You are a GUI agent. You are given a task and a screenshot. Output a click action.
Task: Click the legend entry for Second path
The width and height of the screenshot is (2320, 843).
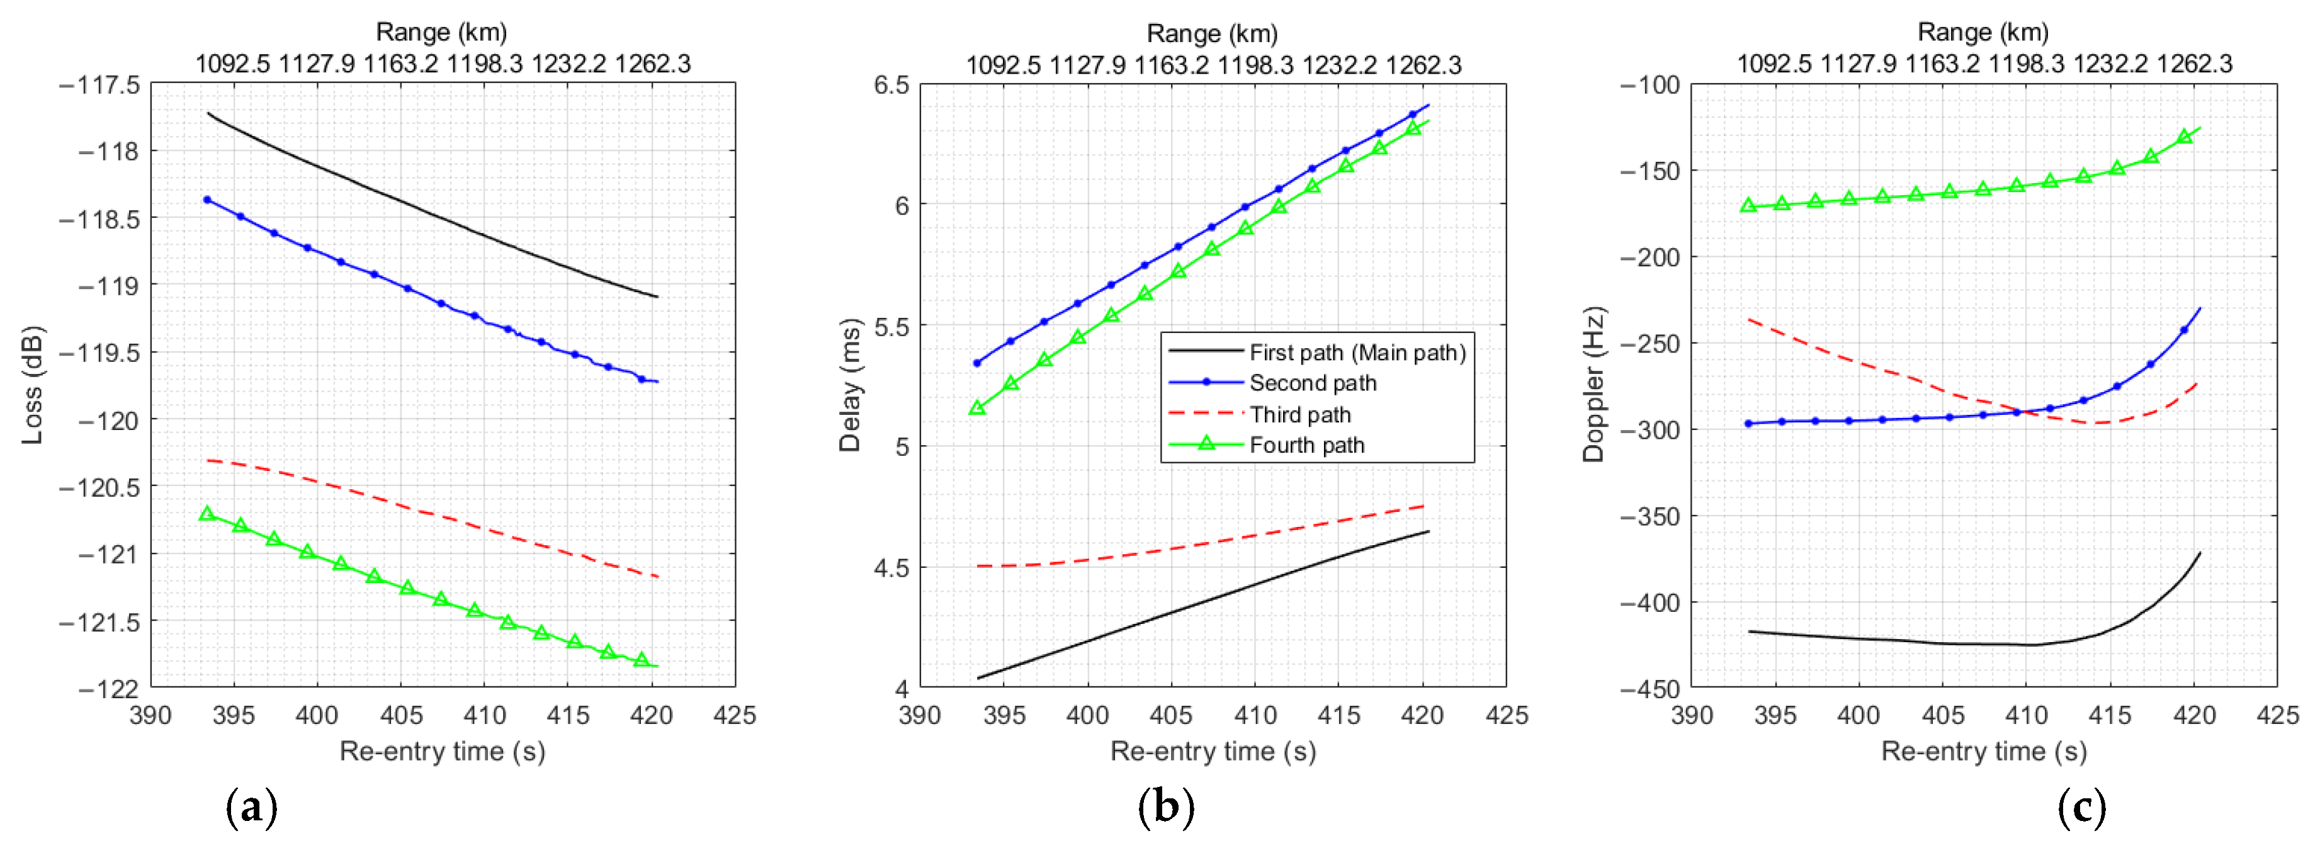1312,383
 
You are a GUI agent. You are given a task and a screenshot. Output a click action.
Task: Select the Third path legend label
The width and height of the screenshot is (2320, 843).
1299,414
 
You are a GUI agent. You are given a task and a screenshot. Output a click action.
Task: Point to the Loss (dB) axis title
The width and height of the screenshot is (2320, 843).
32,385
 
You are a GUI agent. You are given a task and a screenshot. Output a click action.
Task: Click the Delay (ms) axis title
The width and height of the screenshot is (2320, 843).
849,385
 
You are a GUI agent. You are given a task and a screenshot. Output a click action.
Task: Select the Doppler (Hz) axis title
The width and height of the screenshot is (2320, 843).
1593,385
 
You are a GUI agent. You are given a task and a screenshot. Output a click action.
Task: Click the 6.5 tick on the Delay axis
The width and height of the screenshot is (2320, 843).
891,84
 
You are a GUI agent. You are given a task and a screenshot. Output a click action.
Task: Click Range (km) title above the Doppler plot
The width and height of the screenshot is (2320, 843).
1983,33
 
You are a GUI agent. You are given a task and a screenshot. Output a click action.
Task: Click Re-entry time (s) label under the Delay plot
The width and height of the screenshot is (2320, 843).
1212,751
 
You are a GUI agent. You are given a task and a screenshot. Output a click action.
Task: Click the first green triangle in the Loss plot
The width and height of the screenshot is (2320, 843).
207,513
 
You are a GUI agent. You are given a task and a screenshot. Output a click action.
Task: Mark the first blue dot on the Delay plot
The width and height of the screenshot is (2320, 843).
977,363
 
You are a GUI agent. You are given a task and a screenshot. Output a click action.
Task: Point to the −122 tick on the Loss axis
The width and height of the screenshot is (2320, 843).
108,689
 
